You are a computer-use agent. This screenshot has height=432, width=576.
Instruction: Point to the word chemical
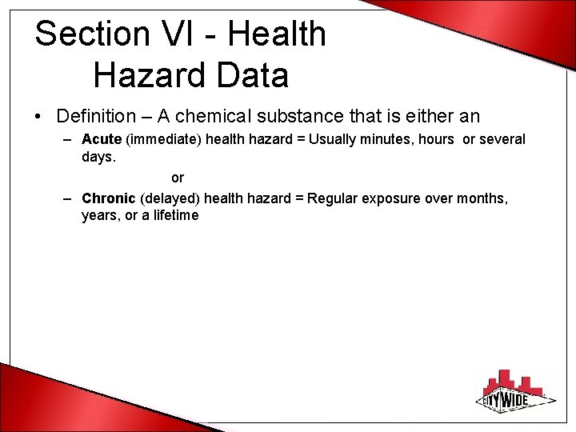(x=216, y=117)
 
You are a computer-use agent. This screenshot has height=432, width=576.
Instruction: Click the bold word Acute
(x=102, y=139)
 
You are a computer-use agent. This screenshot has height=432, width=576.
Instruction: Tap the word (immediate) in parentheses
(x=164, y=139)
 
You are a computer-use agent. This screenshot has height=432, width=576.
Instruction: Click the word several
(x=502, y=139)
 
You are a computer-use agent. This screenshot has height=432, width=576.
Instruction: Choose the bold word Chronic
(x=108, y=198)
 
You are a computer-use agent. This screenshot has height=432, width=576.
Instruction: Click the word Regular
(x=333, y=198)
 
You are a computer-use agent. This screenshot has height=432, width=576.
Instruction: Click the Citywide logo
(x=515, y=390)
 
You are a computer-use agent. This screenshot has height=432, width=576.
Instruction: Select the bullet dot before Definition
(x=38, y=118)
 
